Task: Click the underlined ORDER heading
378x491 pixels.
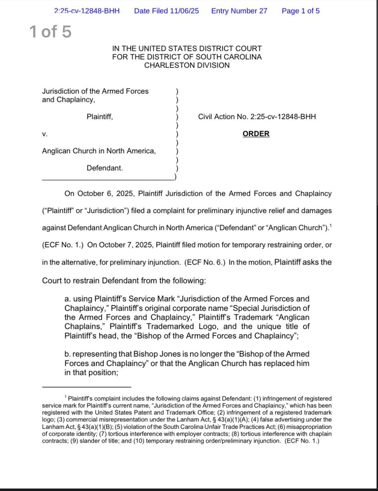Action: coord(256,134)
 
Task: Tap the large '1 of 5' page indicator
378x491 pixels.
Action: coord(50,32)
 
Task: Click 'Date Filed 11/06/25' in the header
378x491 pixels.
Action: coord(166,11)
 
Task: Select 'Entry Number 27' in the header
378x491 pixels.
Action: coord(239,11)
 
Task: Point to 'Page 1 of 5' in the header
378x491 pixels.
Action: coord(300,11)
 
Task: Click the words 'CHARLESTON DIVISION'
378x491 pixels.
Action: coord(187,65)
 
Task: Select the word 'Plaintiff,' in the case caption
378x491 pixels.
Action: coord(100,117)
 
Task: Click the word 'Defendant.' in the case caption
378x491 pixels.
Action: coord(105,168)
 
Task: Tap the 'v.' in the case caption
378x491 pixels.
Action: coord(45,134)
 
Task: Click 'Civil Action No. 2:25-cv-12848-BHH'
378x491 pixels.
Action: coord(257,117)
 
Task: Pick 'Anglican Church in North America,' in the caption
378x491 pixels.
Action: coord(99,151)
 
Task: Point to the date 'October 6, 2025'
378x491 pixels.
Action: coord(105,194)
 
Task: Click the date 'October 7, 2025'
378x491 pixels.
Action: coord(125,245)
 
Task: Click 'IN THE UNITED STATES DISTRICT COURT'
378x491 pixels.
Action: coord(187,48)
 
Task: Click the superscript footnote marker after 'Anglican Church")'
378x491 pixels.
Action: coord(331,225)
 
